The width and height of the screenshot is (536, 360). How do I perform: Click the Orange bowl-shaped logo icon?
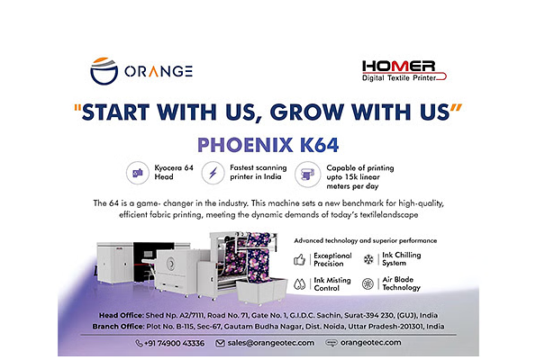[x=104, y=71]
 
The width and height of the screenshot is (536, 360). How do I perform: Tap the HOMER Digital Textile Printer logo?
[x=404, y=71]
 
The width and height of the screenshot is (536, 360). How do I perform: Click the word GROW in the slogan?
[x=307, y=112]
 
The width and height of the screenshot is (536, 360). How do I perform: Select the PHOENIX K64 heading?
[x=268, y=145]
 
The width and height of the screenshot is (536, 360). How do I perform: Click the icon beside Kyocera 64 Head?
[x=138, y=173]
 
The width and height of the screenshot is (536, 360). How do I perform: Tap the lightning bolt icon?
[x=213, y=173]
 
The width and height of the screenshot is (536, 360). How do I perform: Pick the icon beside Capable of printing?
[x=308, y=175]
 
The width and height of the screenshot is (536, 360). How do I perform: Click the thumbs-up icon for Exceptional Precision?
[x=299, y=260]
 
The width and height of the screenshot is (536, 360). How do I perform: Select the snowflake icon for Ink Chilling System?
[x=368, y=259]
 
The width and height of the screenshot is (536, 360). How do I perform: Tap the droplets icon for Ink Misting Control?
[x=299, y=284]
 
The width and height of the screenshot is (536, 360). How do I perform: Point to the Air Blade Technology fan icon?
[x=368, y=283]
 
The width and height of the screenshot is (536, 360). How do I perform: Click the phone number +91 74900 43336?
[x=175, y=343]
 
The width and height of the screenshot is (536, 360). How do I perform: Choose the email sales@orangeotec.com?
[x=271, y=343]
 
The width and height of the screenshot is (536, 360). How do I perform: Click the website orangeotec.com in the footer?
[x=370, y=342]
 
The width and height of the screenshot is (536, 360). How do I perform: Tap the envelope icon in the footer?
[x=220, y=343]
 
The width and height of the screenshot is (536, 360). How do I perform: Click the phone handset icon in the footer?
[x=139, y=343]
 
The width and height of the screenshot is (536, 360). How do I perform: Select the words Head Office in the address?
[x=121, y=315]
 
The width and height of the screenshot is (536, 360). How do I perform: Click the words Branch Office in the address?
[x=118, y=327]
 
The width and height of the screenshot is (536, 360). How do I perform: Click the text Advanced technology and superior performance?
[x=366, y=240]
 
